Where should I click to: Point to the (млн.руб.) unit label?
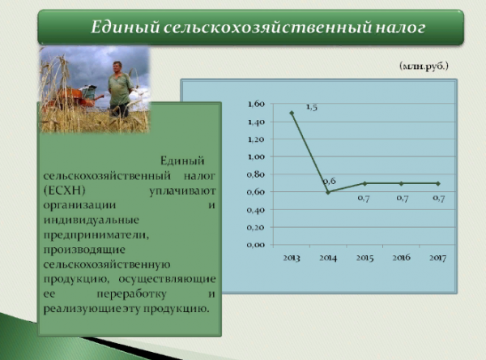coord(424,64)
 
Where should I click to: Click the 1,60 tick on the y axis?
coord(255,105)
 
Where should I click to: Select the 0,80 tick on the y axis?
coord(255,174)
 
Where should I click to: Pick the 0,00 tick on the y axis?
coord(255,244)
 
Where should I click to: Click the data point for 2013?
coord(292,113)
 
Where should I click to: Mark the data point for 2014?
coord(328,192)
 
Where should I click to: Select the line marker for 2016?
coord(401,183)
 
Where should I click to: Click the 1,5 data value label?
coord(312,107)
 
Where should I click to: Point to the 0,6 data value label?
coord(330,181)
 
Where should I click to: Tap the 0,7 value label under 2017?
coord(438,198)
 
